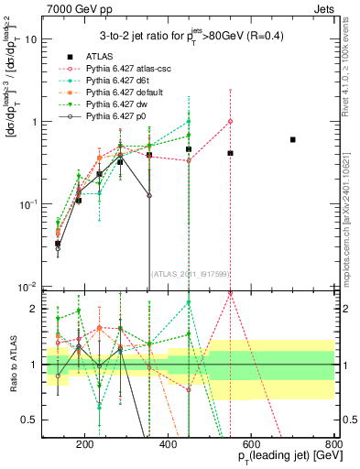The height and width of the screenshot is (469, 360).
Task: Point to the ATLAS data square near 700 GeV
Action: click(x=293, y=139)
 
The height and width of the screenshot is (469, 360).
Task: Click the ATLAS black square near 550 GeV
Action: click(x=231, y=153)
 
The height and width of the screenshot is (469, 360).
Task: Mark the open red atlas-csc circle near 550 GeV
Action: click(x=231, y=121)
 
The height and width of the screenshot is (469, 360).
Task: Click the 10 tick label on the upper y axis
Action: click(x=32, y=39)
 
